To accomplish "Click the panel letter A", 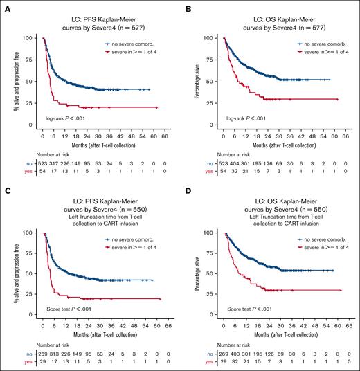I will coord(5,6).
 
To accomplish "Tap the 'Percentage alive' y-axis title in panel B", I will coord(198,82).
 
